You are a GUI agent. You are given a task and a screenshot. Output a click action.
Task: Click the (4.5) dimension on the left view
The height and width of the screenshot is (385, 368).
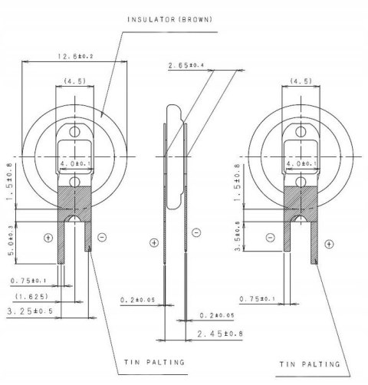pos(75,80)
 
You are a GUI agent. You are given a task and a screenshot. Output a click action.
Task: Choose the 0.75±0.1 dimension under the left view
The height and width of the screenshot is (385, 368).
pos(28,280)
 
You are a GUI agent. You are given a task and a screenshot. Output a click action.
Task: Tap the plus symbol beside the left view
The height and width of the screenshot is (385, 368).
pos(48,237)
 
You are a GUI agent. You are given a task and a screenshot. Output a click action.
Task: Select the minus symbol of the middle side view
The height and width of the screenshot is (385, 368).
pos(197,231)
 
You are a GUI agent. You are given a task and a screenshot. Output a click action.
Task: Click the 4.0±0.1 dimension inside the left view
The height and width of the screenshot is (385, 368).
pos(74,163)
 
